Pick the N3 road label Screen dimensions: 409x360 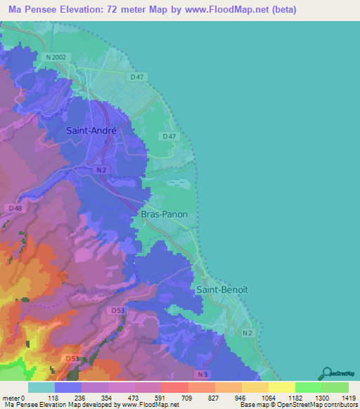point(202,375)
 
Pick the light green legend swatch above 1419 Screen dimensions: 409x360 point(335,387)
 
